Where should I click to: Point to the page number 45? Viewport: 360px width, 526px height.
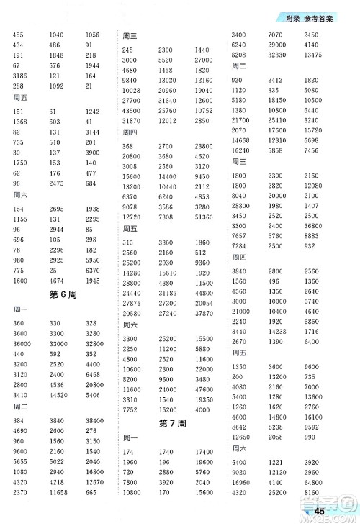coord(322,512)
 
